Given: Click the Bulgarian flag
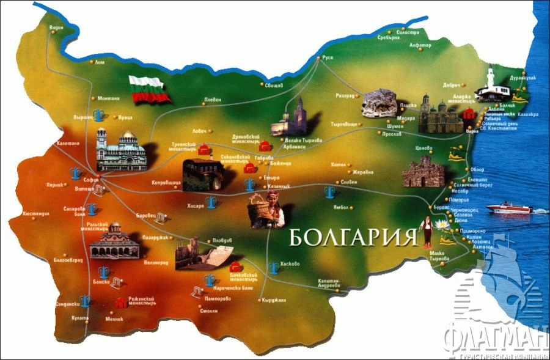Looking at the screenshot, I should point(148,89).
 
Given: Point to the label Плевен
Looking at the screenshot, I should point(212,100).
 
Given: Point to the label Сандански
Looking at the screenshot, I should point(67,304).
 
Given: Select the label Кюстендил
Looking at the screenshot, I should point(35,215).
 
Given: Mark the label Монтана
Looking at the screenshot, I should point(108,98).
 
